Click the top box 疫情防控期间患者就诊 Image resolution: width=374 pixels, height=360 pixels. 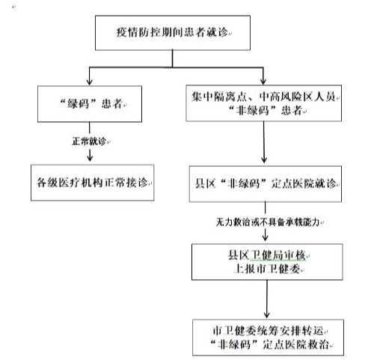pyautogui.click(x=173, y=33)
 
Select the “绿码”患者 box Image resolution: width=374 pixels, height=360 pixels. pyautogui.click(x=90, y=104)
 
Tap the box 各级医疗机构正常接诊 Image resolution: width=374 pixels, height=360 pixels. pyautogui.click(x=92, y=183)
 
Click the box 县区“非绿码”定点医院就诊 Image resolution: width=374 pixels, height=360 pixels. pyautogui.click(x=266, y=184)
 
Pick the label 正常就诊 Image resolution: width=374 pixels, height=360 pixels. pyautogui.click(x=89, y=141)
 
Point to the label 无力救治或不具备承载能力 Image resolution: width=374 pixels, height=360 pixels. pyautogui.click(x=267, y=222)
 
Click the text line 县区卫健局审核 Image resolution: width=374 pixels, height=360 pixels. pyautogui.click(x=266, y=255)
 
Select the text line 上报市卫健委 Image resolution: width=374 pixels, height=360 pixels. pyautogui.click(x=266, y=269)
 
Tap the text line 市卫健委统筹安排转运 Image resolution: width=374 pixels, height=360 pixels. pyautogui.click(x=268, y=331)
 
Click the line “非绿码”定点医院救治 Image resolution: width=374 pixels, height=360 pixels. pyautogui.click(x=269, y=345)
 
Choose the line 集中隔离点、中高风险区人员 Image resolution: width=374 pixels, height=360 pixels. pyautogui.click(x=263, y=97)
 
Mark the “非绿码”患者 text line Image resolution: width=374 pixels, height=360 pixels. pyautogui.click(x=266, y=110)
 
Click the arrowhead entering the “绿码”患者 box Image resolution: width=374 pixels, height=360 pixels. pyautogui.click(x=89, y=82)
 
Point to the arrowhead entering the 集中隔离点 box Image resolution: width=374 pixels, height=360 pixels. pyautogui.click(x=263, y=82)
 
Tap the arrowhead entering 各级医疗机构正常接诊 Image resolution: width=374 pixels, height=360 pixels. pyautogui.click(x=90, y=158)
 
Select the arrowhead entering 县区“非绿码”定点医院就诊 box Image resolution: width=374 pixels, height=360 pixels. pyautogui.click(x=264, y=159)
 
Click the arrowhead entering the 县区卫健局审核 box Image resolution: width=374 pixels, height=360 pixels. pyautogui.click(x=266, y=238)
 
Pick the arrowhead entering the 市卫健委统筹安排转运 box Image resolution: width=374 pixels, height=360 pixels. pyautogui.click(x=267, y=315)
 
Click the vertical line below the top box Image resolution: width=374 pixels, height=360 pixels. pyautogui.click(x=172, y=58)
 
